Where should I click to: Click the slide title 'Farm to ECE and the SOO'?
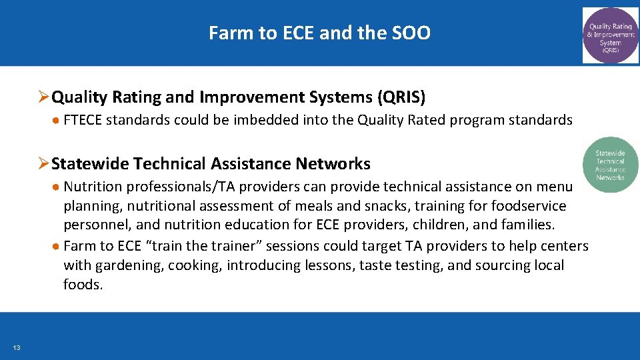[319, 33]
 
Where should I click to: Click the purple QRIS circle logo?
[610, 35]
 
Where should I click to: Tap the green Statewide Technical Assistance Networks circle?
[610, 165]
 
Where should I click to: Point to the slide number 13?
[16, 347]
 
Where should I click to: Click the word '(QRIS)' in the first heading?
[401, 97]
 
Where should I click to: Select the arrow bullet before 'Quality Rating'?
[44, 97]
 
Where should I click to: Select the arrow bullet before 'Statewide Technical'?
[44, 163]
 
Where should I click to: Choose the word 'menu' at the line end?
[553, 187]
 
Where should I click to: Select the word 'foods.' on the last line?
[83, 285]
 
